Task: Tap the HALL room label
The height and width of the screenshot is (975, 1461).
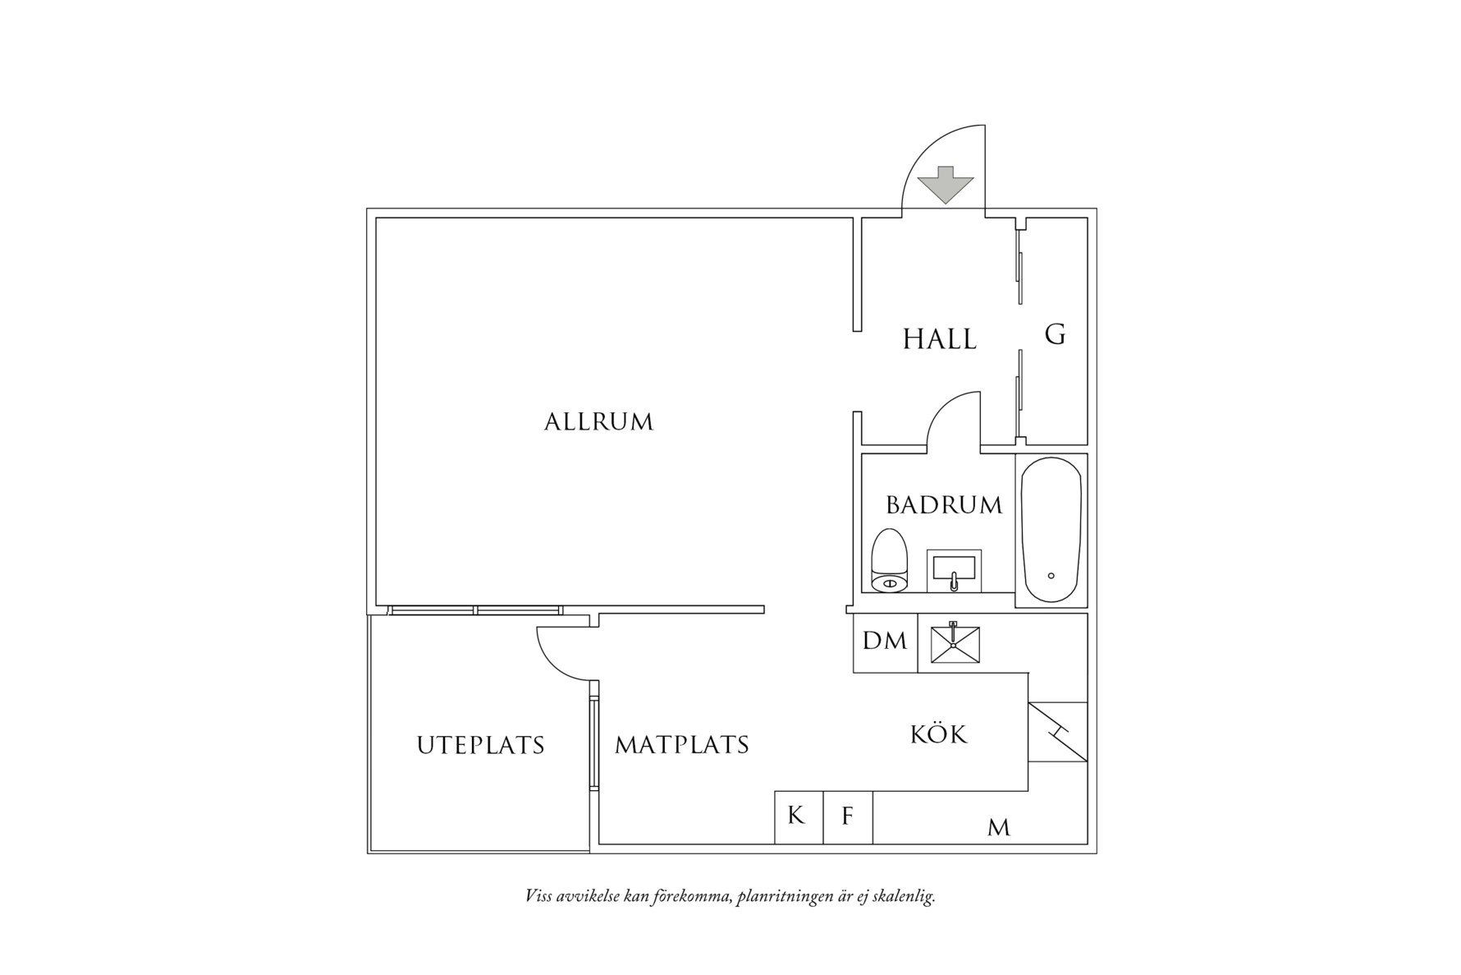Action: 940,339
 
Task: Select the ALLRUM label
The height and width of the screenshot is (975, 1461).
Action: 598,422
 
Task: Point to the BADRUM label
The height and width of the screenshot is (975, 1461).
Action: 944,504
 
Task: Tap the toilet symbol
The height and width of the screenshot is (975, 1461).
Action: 889,561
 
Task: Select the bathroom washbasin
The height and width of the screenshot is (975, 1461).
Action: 954,570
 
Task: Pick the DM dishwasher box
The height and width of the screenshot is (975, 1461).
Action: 885,642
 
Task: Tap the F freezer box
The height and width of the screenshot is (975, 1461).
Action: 848,816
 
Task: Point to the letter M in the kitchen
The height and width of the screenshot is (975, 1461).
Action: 998,828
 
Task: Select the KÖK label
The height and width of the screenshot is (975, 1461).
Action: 939,734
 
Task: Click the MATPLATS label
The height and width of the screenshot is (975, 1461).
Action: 682,745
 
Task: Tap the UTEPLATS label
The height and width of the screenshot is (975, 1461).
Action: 480,746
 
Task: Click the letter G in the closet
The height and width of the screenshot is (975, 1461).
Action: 1055,335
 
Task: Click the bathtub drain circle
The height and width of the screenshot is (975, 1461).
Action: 1051,576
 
